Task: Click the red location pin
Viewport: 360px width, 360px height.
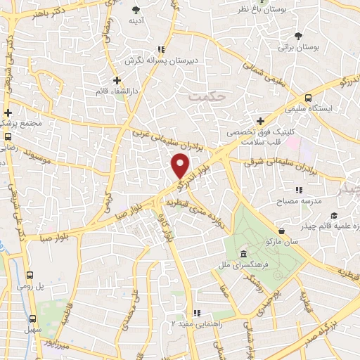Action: [181, 166]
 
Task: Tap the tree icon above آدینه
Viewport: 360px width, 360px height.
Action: [136, 9]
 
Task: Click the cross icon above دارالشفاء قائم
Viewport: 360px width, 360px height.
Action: [117, 79]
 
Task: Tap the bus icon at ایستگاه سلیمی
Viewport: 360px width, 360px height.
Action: [309, 98]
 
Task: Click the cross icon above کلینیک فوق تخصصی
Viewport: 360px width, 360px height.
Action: [260, 120]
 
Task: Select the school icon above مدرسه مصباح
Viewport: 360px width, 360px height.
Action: [299, 190]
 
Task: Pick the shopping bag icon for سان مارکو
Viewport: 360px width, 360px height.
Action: [282, 230]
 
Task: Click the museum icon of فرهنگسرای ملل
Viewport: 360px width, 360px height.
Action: [243, 254]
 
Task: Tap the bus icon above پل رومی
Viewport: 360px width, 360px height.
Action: [30, 276]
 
